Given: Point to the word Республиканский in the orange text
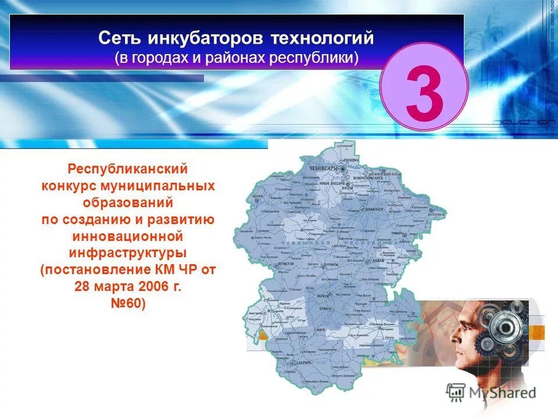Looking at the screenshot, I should coord(128,169).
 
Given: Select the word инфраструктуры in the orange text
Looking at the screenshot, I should coord(128,254).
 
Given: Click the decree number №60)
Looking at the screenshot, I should coord(128,304).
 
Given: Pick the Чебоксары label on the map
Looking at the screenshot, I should coord(323,168).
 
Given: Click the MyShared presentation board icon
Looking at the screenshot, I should coord(456,392).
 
